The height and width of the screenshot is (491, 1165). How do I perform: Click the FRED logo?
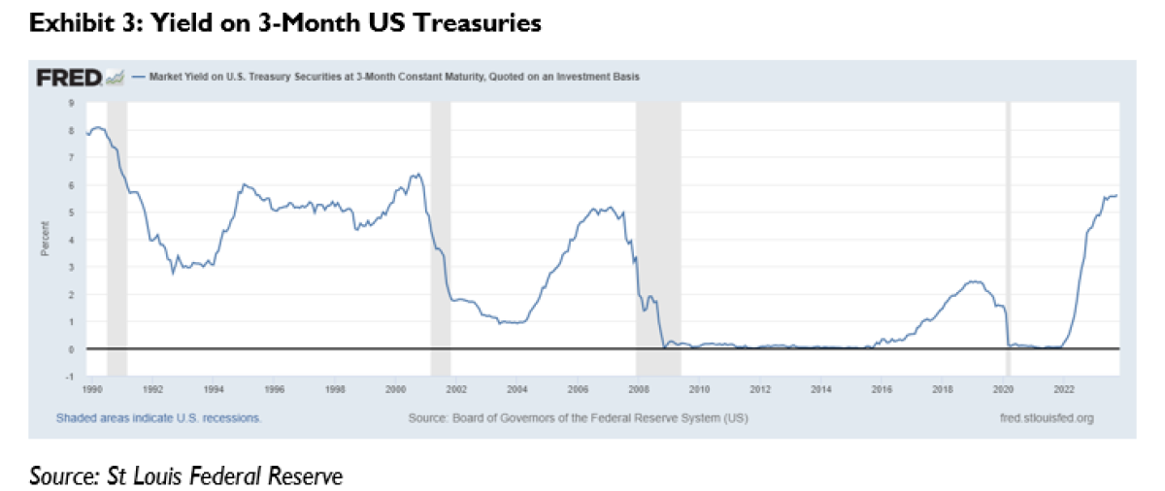(70, 77)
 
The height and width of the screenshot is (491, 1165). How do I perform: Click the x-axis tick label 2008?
(638, 389)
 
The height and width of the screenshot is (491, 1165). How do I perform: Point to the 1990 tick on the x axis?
(91, 389)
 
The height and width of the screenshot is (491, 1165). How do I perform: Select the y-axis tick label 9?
(71, 102)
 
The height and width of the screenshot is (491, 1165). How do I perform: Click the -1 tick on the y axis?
(70, 376)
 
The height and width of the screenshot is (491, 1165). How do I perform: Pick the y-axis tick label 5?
(71, 212)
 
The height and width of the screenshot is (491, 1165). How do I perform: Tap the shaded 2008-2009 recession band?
(658, 233)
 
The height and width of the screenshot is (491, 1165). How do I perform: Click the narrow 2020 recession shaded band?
(1008, 233)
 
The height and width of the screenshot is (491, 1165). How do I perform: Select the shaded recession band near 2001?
(440, 233)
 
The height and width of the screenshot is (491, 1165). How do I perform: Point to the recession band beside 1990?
(116, 233)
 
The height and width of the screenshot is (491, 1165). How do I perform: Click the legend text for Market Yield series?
(392, 75)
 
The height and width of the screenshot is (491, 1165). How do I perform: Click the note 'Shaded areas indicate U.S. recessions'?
(158, 418)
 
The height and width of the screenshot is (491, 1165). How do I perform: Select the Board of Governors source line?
(579, 418)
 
